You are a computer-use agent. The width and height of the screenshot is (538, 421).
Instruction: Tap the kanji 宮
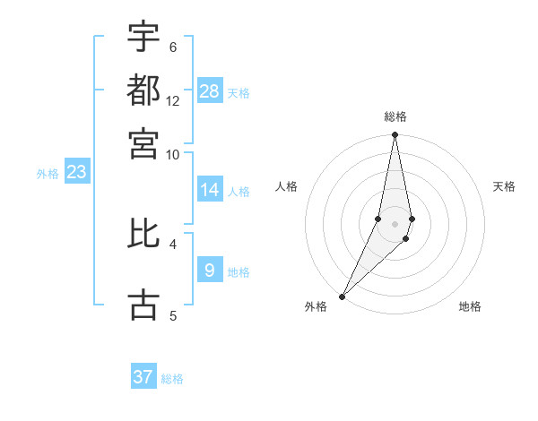coord(143,142)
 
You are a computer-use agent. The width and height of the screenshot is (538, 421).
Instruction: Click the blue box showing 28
coord(210,91)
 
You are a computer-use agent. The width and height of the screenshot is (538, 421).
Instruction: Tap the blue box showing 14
coord(210,190)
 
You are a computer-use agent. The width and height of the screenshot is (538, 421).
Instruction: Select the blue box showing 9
coord(210,270)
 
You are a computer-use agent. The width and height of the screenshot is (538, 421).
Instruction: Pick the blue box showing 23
coord(76,172)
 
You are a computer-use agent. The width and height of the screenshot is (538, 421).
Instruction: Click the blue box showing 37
coord(143,377)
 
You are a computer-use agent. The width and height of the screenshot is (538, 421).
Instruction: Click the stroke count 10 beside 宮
coord(173,154)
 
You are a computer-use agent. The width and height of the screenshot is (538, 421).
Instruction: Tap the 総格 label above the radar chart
coord(395,117)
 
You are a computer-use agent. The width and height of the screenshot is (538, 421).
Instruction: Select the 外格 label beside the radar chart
coord(316,306)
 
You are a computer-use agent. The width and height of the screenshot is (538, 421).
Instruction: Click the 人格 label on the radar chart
coord(287,186)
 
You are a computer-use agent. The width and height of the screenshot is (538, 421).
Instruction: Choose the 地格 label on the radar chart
coord(470,306)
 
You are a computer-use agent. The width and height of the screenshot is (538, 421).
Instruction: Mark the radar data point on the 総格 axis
coord(395,135)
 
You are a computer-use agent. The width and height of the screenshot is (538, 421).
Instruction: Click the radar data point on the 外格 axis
coord(343,296)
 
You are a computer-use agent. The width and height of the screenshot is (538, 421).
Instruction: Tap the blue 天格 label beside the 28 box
coord(239,92)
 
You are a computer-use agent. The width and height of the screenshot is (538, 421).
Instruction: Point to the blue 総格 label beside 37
coord(172,379)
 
